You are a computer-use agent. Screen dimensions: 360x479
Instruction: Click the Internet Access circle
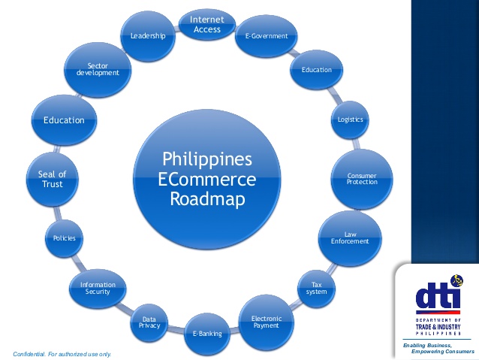coord(206,24)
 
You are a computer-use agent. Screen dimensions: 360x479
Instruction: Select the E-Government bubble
coord(261,36)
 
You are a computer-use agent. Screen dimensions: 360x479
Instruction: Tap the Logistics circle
coord(350,119)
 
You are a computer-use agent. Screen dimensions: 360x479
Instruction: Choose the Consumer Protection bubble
coord(362,179)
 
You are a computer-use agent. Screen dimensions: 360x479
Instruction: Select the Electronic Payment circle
coord(266,321)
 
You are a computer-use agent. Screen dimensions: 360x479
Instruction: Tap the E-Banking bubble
coord(208,333)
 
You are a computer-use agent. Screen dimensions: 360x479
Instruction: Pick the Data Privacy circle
coord(149,322)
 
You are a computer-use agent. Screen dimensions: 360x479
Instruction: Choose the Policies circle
coord(64,238)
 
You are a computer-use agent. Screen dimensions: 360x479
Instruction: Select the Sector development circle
coord(98,70)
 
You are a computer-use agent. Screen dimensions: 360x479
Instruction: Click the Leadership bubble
coord(148,35)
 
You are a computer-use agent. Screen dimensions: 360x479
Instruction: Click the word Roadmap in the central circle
coord(207,200)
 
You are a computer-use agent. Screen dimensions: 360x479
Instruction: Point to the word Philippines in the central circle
coord(207,160)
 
